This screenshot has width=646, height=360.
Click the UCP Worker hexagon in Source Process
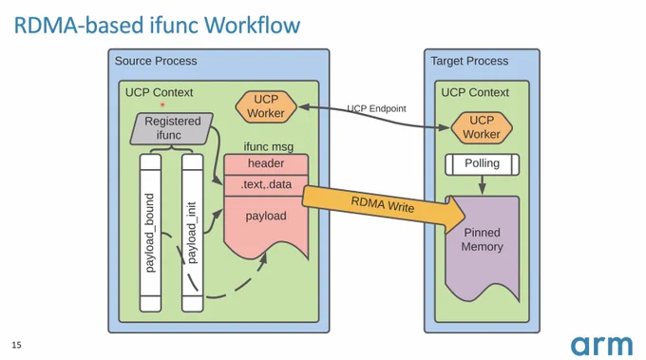pos(266,106)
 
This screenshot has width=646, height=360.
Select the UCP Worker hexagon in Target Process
pos(482,127)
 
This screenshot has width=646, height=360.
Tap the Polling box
pos(482,164)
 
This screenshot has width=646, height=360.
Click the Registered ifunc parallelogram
pos(171,128)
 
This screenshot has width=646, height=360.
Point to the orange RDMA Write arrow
pos(384,207)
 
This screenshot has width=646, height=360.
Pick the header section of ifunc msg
pos(266,164)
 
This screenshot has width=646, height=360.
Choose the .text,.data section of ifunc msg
pos(266,185)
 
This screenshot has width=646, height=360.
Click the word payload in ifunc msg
pos(266,216)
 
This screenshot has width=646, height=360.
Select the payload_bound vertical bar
pos(150,233)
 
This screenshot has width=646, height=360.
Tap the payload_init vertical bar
pos(193,233)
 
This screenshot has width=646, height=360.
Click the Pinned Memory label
pos(482,239)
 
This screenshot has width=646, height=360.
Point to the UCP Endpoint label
pos(376,108)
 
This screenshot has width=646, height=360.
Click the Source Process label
pos(156,61)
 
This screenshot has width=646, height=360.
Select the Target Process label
pos(469,61)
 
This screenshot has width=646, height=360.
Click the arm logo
pos(601,346)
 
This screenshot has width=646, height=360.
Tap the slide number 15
pos(16,345)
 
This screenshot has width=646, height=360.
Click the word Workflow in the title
pos(252,25)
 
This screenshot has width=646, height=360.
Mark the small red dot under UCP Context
pos(162,104)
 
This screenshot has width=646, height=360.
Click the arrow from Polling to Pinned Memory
pos(482,185)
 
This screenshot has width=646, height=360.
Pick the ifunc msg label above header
pos(268,146)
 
